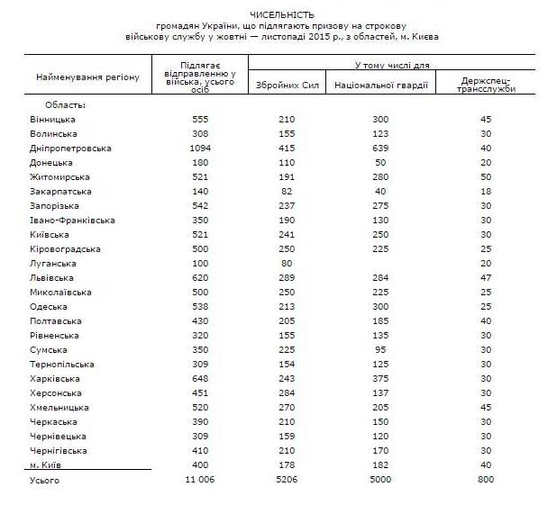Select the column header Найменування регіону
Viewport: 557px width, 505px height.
pyautogui.click(x=87, y=77)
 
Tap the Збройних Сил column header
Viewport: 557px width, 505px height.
pyautogui.click(x=288, y=85)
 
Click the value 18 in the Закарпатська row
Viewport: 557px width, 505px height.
pyautogui.click(x=487, y=191)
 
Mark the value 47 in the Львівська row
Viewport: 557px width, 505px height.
pyautogui.click(x=487, y=277)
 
